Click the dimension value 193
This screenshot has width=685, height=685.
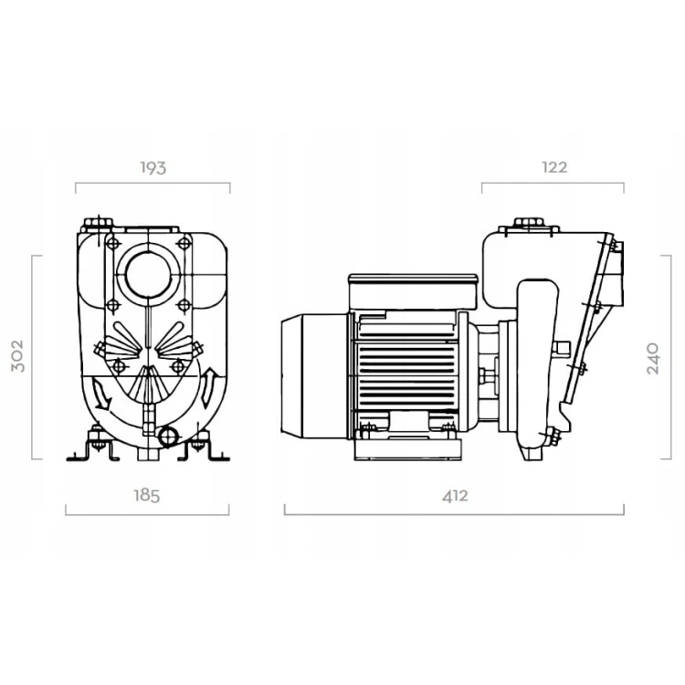click(153, 168)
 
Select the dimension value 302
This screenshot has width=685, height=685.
click(17, 356)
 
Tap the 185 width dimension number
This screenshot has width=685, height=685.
click(147, 496)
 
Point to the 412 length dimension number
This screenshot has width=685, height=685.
click(455, 496)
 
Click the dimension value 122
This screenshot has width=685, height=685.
click(554, 167)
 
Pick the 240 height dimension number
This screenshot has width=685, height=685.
click(653, 358)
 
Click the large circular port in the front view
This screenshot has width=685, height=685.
click(148, 274)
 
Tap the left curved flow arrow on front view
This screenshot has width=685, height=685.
click(100, 395)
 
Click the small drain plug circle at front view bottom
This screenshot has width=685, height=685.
click(168, 436)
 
